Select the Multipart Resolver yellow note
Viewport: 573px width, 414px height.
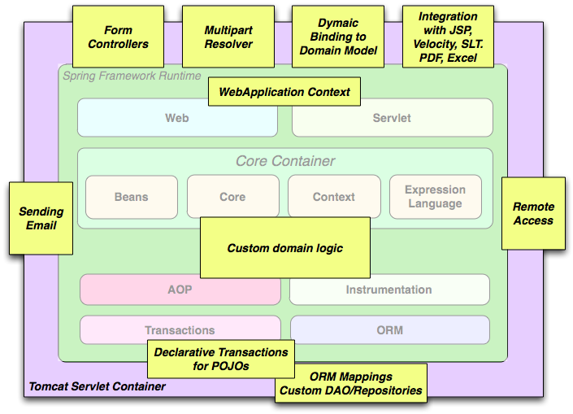(x=228, y=37)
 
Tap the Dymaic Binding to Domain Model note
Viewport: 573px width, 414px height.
(x=338, y=37)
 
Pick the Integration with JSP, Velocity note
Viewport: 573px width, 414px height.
(x=448, y=37)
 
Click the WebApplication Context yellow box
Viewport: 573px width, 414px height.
(x=284, y=92)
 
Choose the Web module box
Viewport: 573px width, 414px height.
(x=177, y=118)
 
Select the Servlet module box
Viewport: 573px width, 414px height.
(x=392, y=118)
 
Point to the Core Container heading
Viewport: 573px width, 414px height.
(x=285, y=161)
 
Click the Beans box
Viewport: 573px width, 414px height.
(x=131, y=197)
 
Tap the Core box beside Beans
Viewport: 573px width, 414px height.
(x=232, y=197)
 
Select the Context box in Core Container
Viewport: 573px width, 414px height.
(x=333, y=197)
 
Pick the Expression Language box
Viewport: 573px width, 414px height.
(x=435, y=197)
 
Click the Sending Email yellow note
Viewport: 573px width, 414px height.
(x=41, y=218)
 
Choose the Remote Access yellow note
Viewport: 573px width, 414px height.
(x=533, y=213)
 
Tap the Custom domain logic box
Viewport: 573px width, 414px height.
(x=284, y=248)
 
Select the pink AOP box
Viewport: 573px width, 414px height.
(x=180, y=290)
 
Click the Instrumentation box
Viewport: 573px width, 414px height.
(x=389, y=290)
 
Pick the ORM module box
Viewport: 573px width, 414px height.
(x=389, y=330)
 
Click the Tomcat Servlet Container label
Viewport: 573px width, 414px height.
(x=97, y=386)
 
